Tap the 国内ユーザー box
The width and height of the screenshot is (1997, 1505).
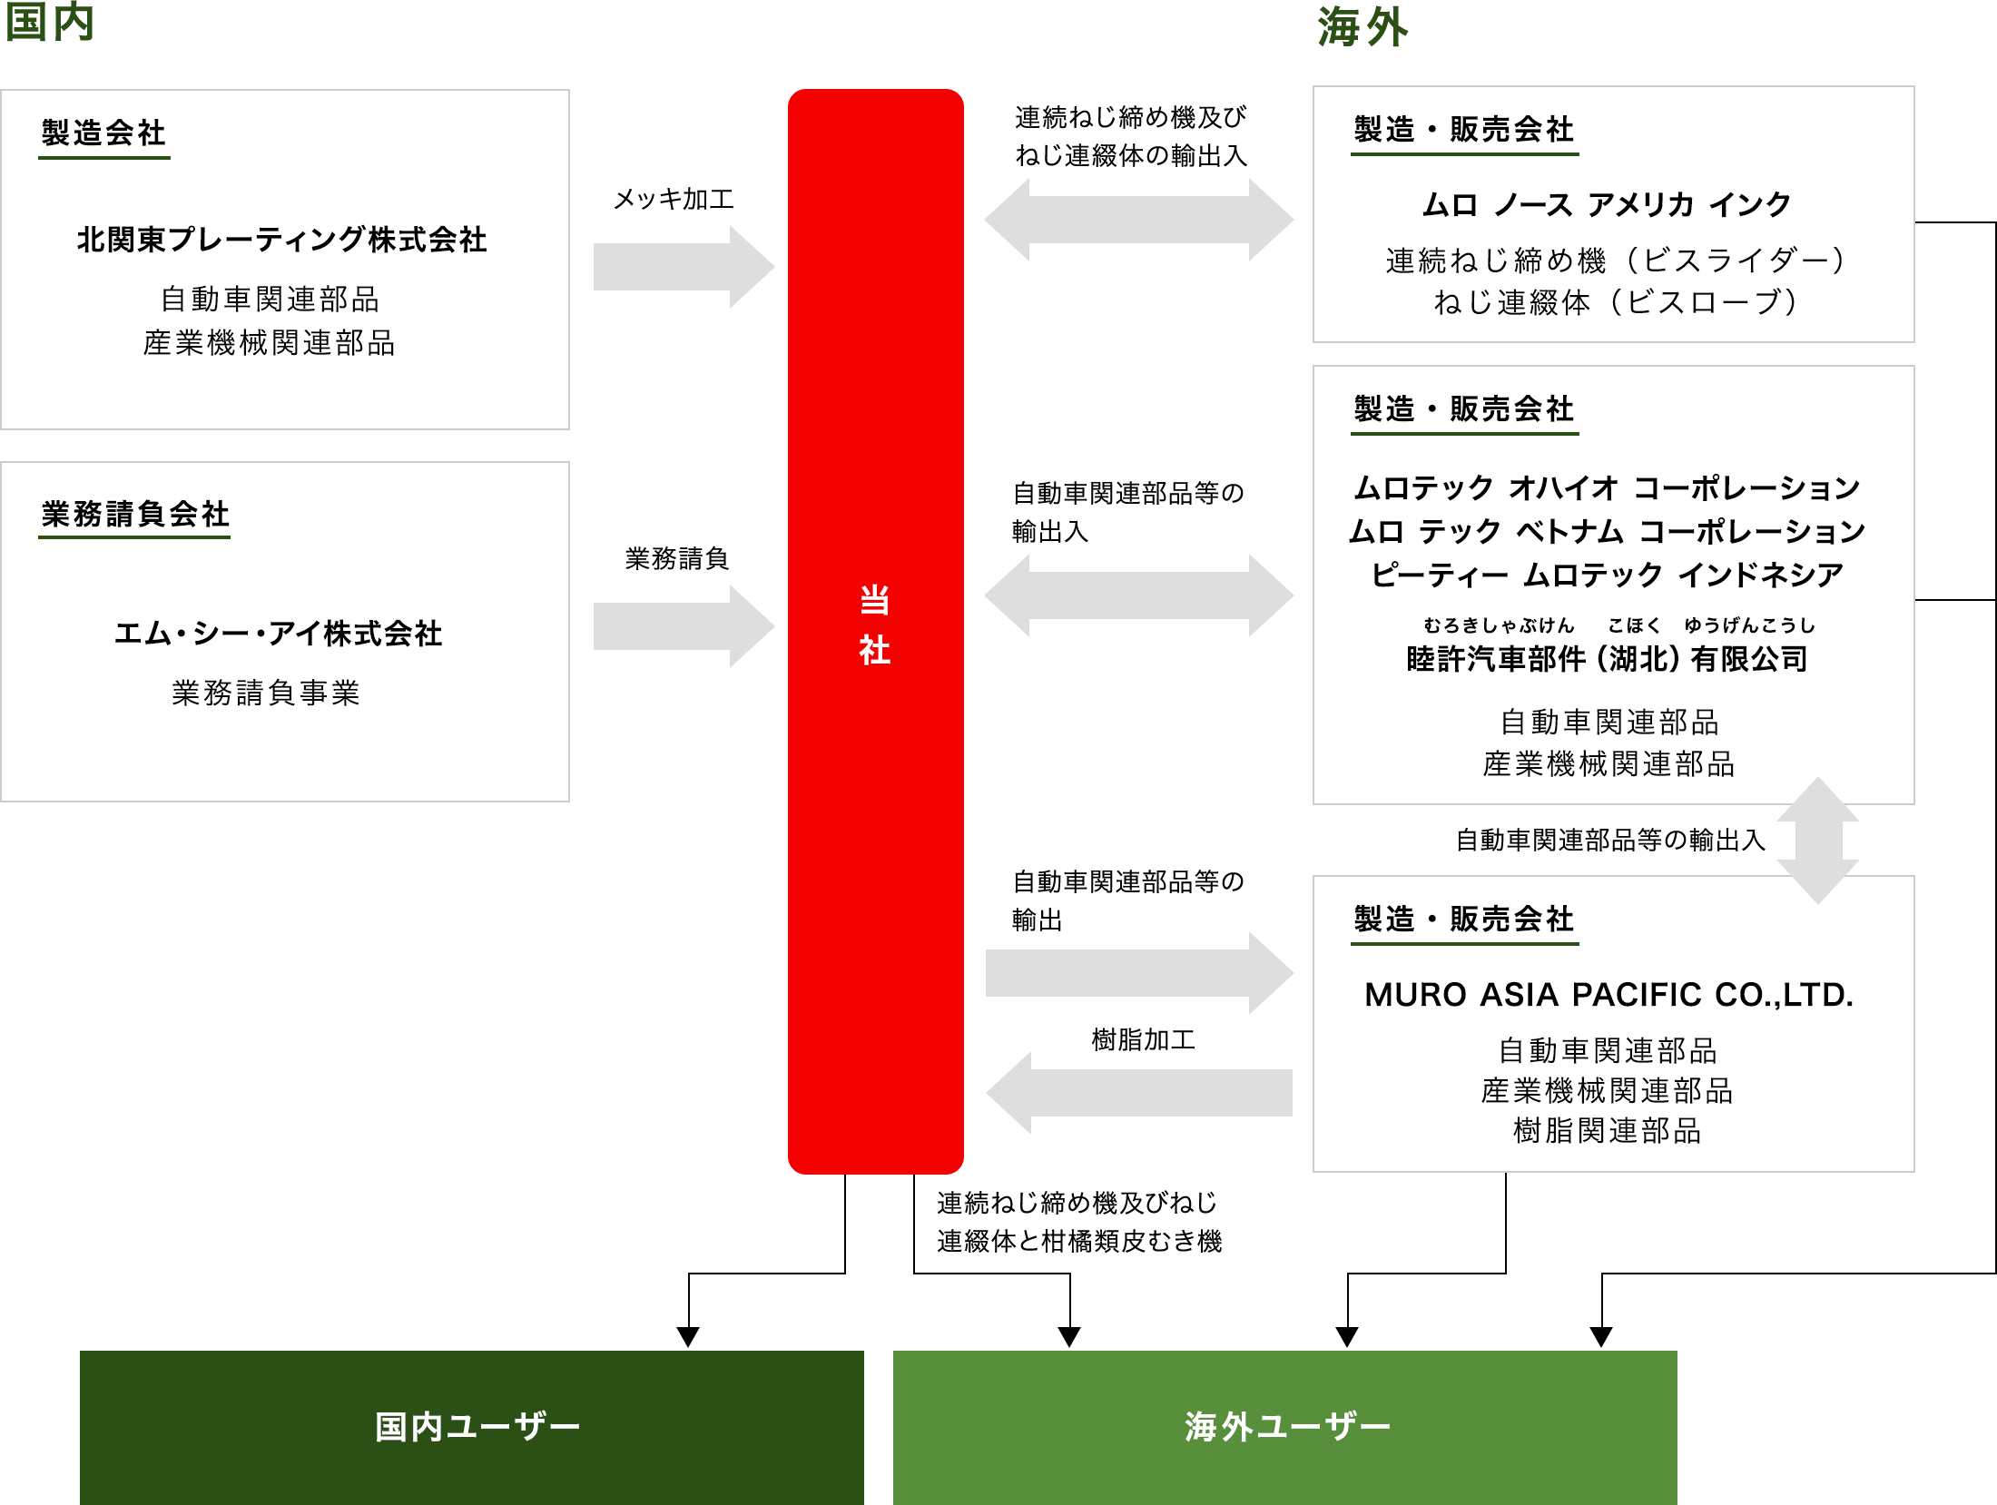pyautogui.click(x=472, y=1426)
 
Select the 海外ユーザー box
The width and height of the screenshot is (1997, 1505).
pyautogui.click(x=1284, y=1426)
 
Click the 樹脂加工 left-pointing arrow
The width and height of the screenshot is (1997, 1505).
pyautogui.click(x=1139, y=1092)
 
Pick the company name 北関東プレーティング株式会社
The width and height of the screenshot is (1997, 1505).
pyautogui.click(x=281, y=240)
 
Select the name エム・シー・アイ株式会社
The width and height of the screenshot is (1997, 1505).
pyautogui.click(x=278, y=634)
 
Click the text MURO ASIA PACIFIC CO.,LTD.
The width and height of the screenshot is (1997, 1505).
pyautogui.click(x=1608, y=995)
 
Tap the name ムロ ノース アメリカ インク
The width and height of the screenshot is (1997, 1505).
pyautogui.click(x=1607, y=205)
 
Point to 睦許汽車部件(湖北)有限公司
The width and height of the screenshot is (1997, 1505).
pyautogui.click(x=1607, y=659)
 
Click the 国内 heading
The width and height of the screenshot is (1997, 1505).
pyautogui.click(x=50, y=22)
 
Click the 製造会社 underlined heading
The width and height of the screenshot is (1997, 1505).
pyautogui.click(x=103, y=133)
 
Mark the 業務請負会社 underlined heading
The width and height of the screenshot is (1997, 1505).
pyautogui.click(x=134, y=515)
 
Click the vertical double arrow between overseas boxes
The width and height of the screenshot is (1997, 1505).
pyautogui.click(x=1817, y=840)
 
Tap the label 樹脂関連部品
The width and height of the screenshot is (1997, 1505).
pyautogui.click(x=1607, y=1131)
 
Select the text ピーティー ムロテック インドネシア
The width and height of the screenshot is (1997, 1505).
pyautogui.click(x=1607, y=575)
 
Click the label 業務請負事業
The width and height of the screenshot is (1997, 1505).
pyautogui.click(x=266, y=693)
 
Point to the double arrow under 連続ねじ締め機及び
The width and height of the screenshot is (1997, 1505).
pyautogui.click(x=1139, y=220)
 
